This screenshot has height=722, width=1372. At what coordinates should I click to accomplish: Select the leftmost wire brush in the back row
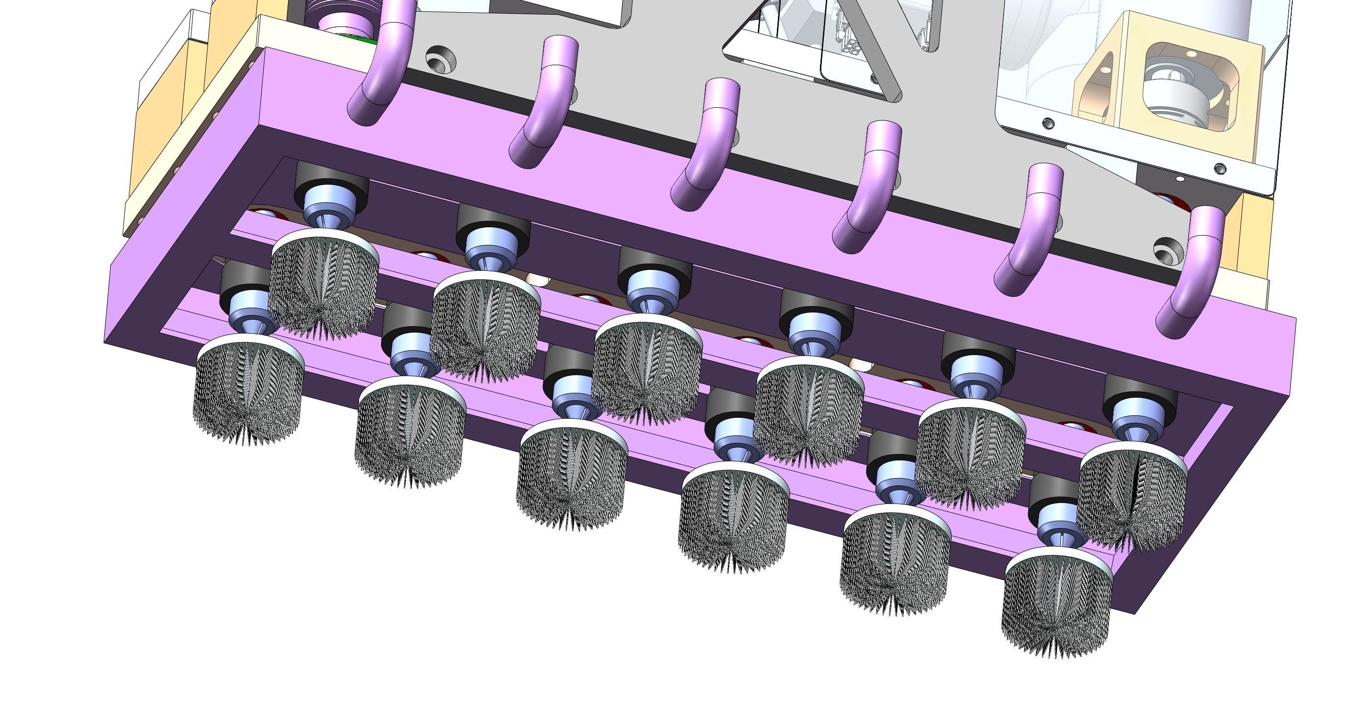coord(324,285)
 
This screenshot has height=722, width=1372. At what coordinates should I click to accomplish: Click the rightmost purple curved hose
coord(1190,277)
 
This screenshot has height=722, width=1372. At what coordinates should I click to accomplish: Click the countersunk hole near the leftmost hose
coord(440,59)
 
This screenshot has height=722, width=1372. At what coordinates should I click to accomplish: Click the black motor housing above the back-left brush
coord(331,178)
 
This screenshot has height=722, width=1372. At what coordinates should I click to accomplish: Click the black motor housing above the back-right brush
coord(1140,394)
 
